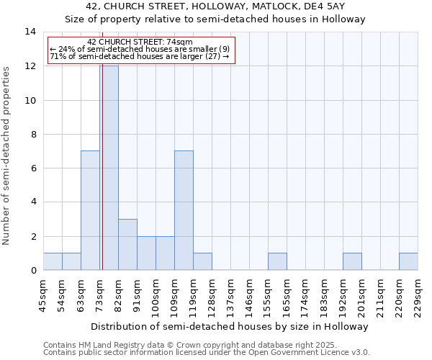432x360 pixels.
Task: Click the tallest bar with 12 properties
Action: coord(109,168)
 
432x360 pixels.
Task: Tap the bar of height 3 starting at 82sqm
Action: coord(127,244)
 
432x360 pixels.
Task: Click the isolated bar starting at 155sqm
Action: coord(277,261)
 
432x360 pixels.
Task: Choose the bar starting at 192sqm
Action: coord(352,261)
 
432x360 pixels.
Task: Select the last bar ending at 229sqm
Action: coord(408,261)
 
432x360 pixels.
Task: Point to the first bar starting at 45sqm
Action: coord(53,261)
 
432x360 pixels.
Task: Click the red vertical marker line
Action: coord(102,180)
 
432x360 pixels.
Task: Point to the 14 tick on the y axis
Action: coord(31,32)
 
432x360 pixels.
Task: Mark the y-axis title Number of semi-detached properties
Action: coord(7,156)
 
